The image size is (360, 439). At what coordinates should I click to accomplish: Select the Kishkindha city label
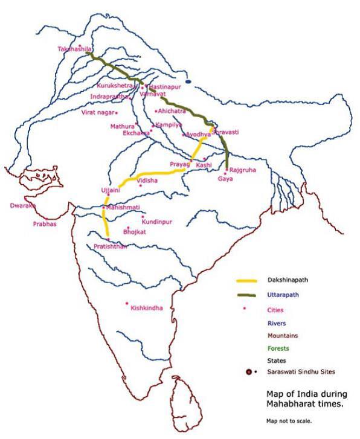point(147,309)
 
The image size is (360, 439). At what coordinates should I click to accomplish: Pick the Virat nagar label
point(97,112)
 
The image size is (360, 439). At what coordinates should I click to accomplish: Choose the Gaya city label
point(225,179)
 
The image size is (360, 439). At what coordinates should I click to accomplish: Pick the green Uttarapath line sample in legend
point(247,295)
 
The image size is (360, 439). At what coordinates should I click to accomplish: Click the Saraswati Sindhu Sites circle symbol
point(249,372)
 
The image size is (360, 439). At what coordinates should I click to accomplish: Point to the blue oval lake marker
point(188,81)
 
